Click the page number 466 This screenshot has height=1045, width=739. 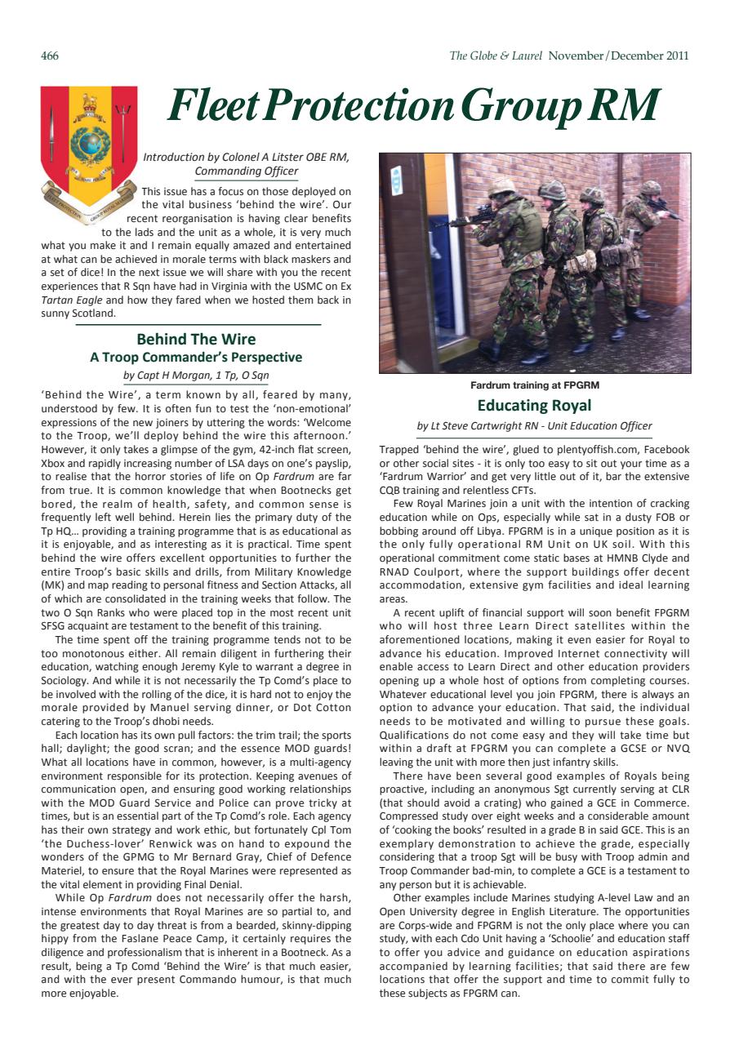coord(50,56)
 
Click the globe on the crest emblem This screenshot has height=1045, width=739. coord(89,142)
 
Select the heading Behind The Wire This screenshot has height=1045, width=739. coord(196,339)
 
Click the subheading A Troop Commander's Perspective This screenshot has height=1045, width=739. coord(196,357)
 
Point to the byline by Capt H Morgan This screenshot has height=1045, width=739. coord(196,376)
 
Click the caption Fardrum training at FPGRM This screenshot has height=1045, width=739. coord(535,385)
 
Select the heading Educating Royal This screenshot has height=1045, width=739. coord(535,405)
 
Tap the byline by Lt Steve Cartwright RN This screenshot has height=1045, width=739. coord(535,426)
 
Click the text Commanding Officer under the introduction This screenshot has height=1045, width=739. coord(246,171)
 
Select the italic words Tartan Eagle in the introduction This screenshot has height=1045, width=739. coord(70,300)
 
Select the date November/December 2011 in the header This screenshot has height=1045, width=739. coord(619,56)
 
